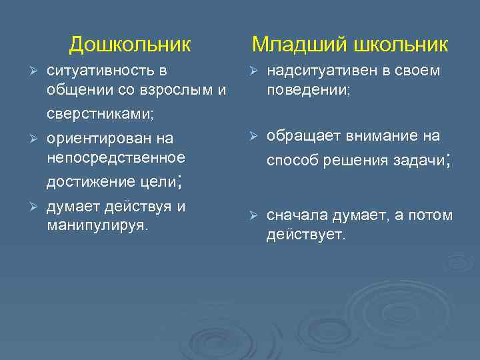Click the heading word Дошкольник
tap(130, 45)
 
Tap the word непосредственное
tap(116, 157)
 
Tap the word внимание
tap(383, 136)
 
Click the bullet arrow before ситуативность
tap(27, 71)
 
